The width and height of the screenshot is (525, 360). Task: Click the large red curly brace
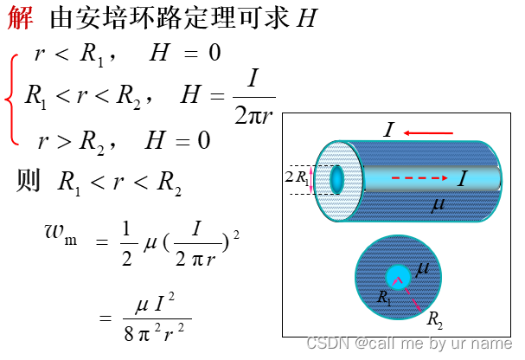[11, 98]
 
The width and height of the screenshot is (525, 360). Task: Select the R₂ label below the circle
[435, 318]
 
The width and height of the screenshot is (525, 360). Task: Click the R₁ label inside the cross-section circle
[384, 296]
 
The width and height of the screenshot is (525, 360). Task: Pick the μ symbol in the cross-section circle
[422, 269]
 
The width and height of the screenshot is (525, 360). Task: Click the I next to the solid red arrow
[390, 131]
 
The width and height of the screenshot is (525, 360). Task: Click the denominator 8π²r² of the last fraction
[157, 330]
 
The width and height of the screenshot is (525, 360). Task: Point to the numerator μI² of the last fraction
[157, 305]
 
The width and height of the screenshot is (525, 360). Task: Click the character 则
[29, 180]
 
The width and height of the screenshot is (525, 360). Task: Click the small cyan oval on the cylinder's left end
[336, 179]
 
